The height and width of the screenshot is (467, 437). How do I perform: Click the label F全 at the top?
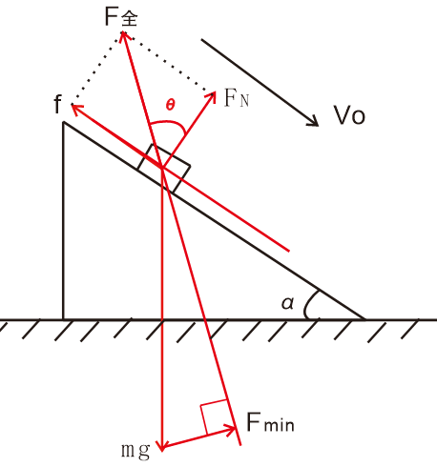pyautogui.click(x=121, y=17)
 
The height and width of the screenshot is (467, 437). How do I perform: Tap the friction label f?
pyautogui.click(x=57, y=104)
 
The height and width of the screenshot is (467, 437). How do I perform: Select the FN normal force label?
pyautogui.click(x=237, y=98)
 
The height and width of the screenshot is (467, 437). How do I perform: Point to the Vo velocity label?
pyautogui.click(x=349, y=115)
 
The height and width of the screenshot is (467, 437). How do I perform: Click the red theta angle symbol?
pyautogui.click(x=171, y=104)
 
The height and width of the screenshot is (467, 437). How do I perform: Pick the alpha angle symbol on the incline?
pyautogui.click(x=288, y=303)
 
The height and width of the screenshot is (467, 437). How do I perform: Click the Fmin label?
pyautogui.click(x=270, y=422)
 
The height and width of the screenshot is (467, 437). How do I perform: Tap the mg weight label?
pyautogui.click(x=135, y=450)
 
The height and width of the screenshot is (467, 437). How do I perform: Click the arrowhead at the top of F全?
pyautogui.click(x=122, y=32)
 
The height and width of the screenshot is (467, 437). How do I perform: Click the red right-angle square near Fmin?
pyautogui.click(x=214, y=417)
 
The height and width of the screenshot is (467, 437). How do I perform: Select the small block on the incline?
pyautogui.click(x=164, y=169)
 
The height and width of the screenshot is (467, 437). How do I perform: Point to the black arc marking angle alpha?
pyautogui.click(x=307, y=303)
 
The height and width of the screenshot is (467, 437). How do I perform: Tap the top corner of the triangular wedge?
pyautogui.click(x=64, y=122)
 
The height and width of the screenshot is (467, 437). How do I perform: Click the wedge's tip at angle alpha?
pyautogui.click(x=365, y=319)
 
